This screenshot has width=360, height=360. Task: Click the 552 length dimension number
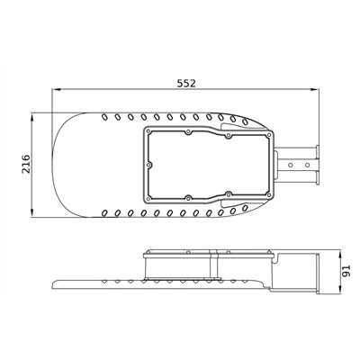click(x=186, y=83)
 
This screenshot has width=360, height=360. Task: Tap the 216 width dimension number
click(x=26, y=164)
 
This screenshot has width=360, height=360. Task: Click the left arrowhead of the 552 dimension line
click(x=57, y=89)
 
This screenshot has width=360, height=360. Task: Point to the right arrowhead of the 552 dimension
click(x=314, y=89)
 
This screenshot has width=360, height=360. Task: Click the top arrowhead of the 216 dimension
click(x=32, y=118)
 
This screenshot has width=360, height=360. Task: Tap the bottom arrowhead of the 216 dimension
click(x=32, y=212)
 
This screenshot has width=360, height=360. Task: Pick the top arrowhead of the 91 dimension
click(x=339, y=254)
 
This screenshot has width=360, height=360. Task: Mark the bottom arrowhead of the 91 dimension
click(x=339, y=289)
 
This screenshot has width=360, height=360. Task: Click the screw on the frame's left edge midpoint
click(x=148, y=165)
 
